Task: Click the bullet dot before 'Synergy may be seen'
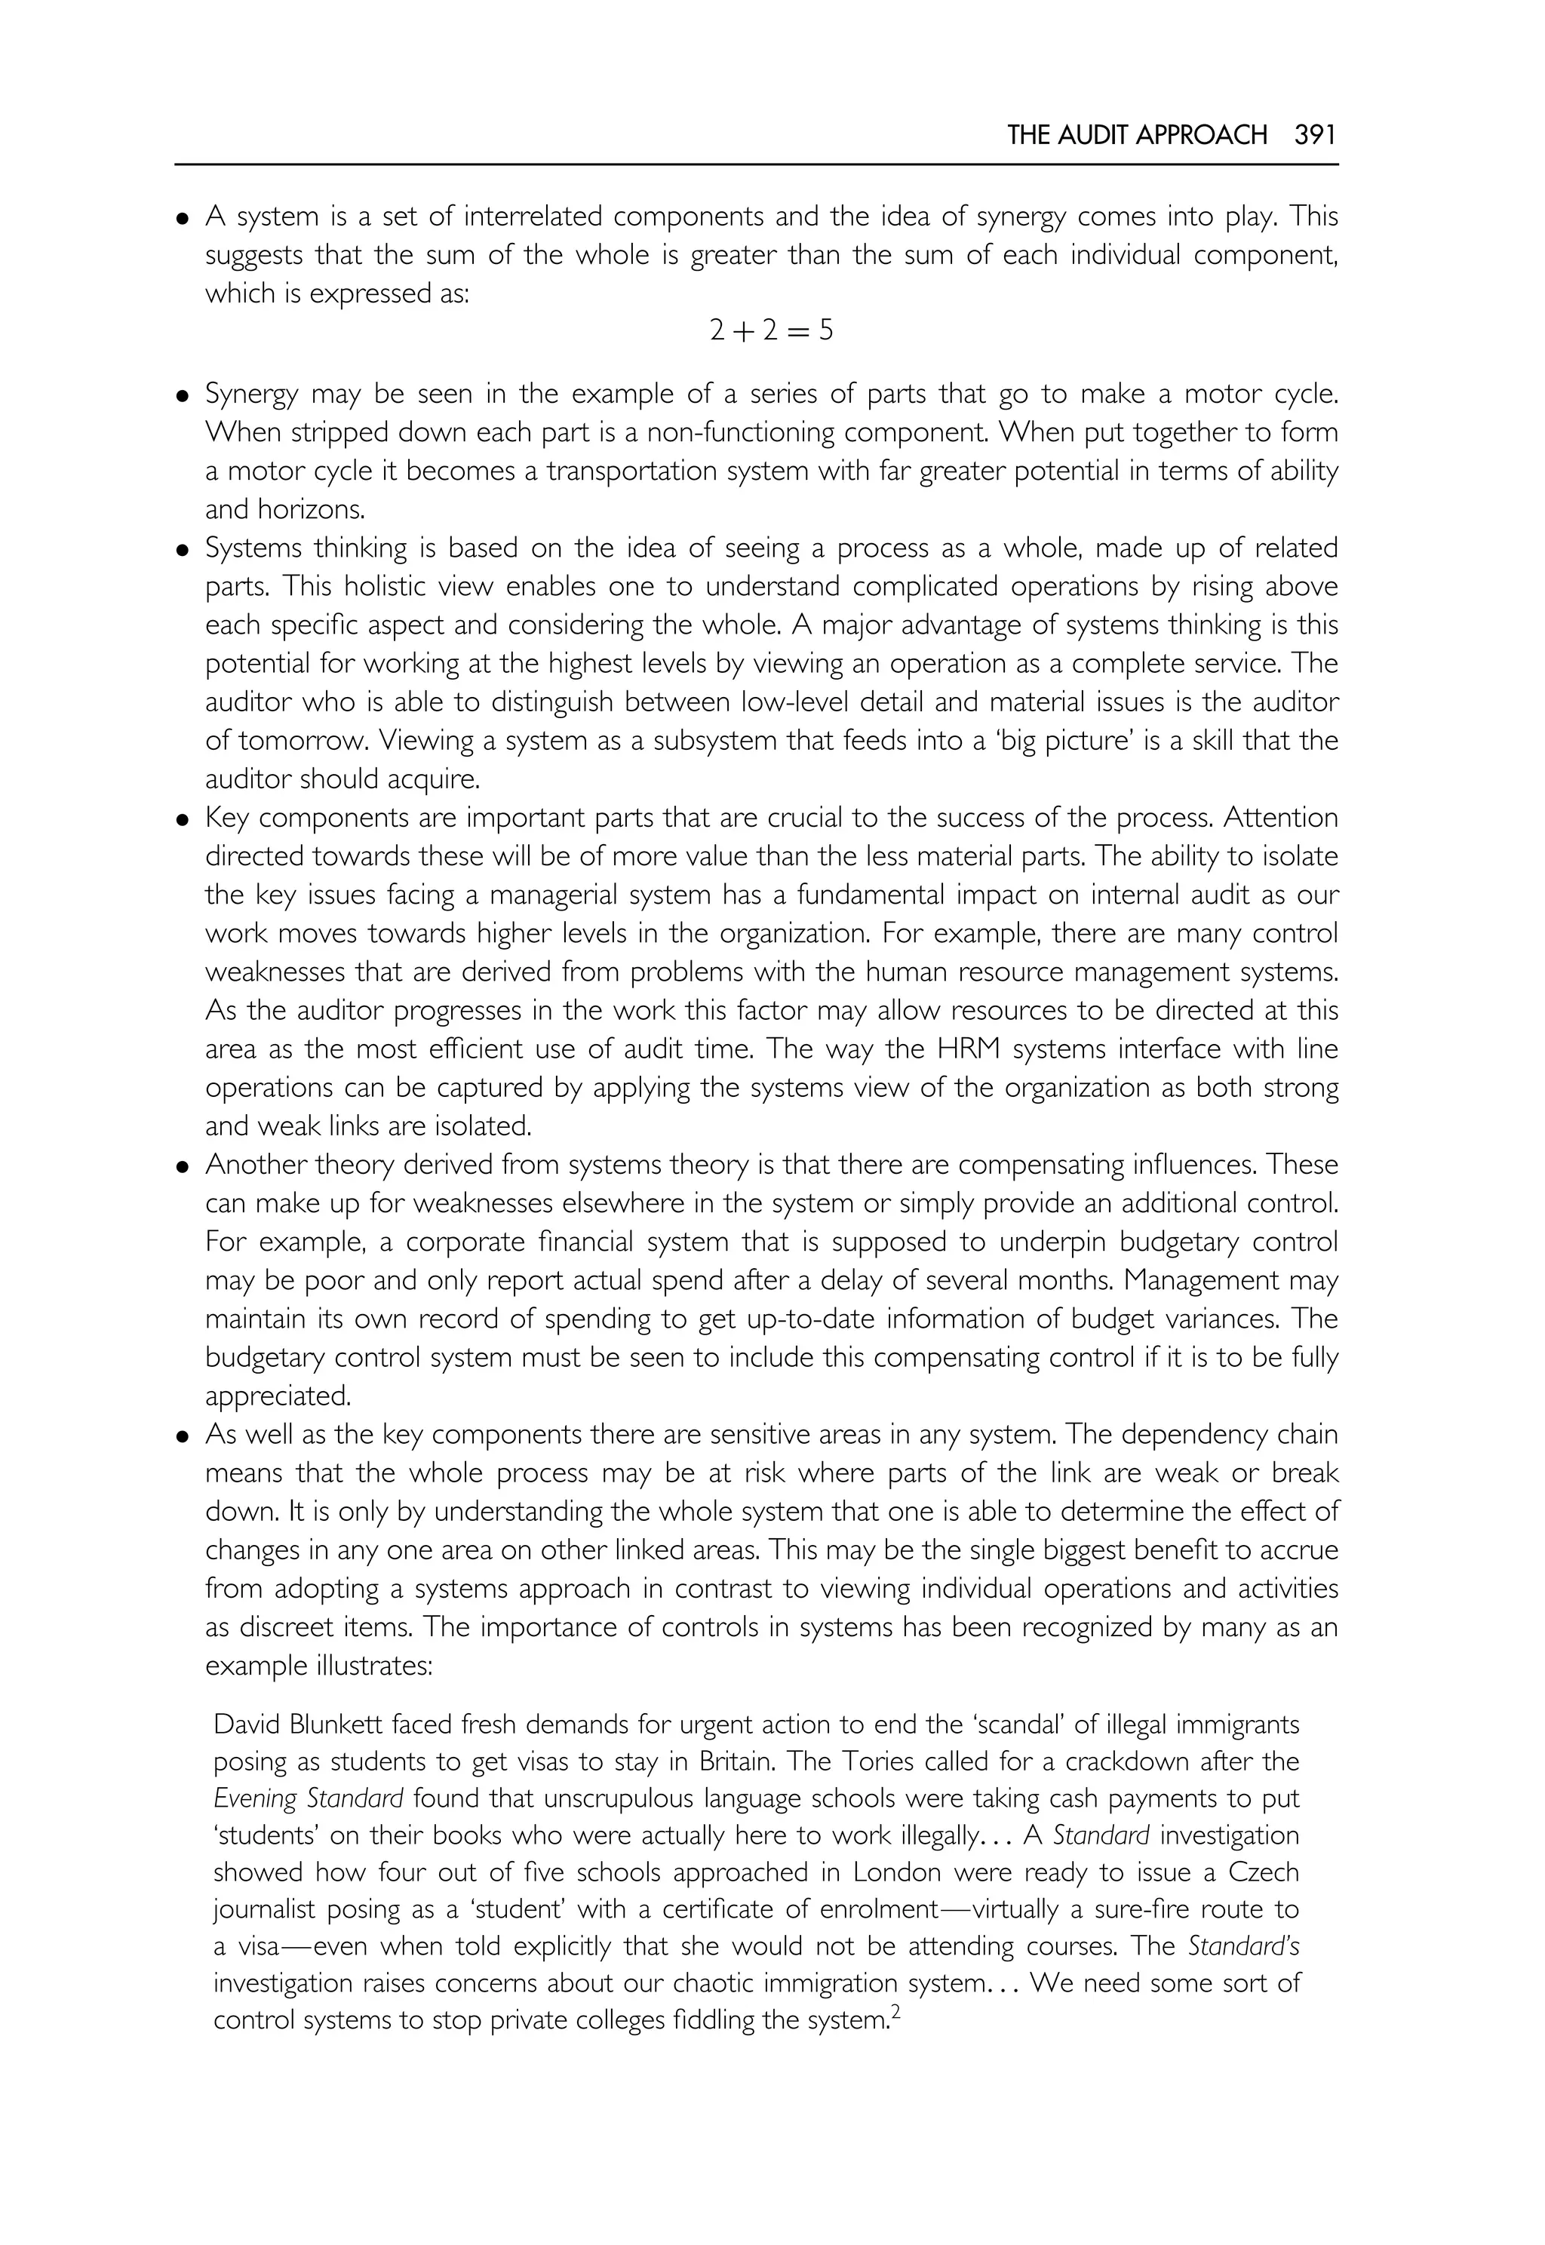click(x=182, y=396)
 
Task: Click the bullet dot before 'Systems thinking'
click(x=182, y=551)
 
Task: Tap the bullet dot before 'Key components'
click(x=182, y=820)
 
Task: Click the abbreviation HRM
click(x=972, y=1049)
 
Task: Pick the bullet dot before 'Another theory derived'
click(x=182, y=1166)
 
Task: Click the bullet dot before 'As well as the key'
click(x=182, y=1436)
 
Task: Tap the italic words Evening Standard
click(x=308, y=1798)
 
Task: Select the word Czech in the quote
click(x=1264, y=1872)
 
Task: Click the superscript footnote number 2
click(x=895, y=2012)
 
